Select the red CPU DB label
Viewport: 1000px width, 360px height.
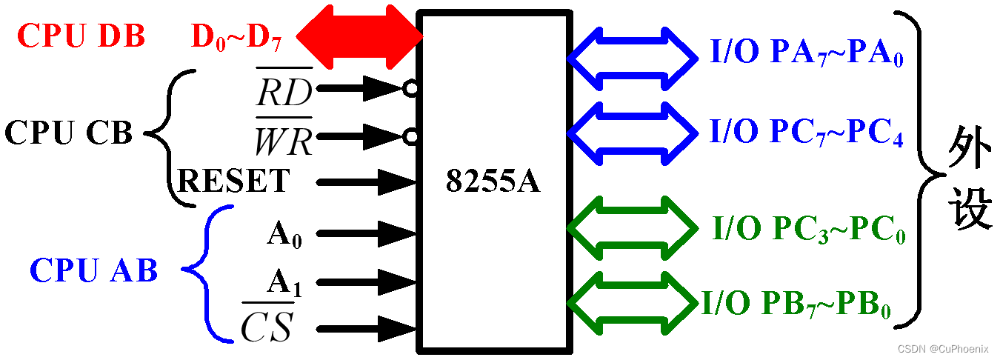[81, 36]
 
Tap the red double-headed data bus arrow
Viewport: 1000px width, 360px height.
[360, 34]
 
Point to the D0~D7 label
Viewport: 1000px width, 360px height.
[236, 37]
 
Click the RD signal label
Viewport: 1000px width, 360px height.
[284, 90]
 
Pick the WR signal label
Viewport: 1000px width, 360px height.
[283, 137]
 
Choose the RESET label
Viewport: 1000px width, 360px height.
[233, 180]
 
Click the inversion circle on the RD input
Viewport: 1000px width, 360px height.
[410, 90]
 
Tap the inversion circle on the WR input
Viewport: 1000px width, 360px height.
[410, 136]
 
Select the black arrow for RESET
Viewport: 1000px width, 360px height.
[366, 180]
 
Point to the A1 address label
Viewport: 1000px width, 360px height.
[284, 282]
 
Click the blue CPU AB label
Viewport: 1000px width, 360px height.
[94, 271]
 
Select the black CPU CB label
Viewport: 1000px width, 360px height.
[69, 133]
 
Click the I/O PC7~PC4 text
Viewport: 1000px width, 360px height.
[806, 133]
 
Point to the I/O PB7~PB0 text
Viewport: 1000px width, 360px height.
[796, 303]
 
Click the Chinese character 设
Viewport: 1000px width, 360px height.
[969, 207]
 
